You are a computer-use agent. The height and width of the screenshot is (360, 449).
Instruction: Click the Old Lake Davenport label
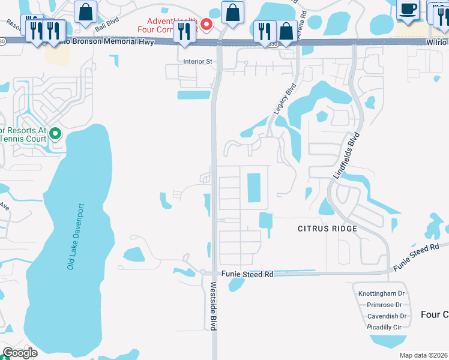tap(76, 237)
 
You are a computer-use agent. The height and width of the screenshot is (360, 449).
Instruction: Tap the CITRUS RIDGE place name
tap(328, 229)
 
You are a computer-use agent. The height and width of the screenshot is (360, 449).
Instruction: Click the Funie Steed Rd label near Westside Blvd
tap(247, 274)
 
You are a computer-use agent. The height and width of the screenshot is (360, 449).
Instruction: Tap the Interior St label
tap(198, 61)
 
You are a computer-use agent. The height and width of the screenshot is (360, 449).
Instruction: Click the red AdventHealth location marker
tap(206, 25)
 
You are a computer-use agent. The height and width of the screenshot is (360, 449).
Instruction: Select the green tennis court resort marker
tap(55, 134)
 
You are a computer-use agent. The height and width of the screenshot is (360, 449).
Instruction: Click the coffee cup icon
tap(408, 10)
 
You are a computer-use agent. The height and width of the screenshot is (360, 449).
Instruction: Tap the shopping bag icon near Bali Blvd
tap(86, 11)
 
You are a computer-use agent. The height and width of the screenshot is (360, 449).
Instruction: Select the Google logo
tap(20, 353)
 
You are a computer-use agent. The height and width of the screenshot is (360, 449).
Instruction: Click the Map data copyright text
tap(423, 355)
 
